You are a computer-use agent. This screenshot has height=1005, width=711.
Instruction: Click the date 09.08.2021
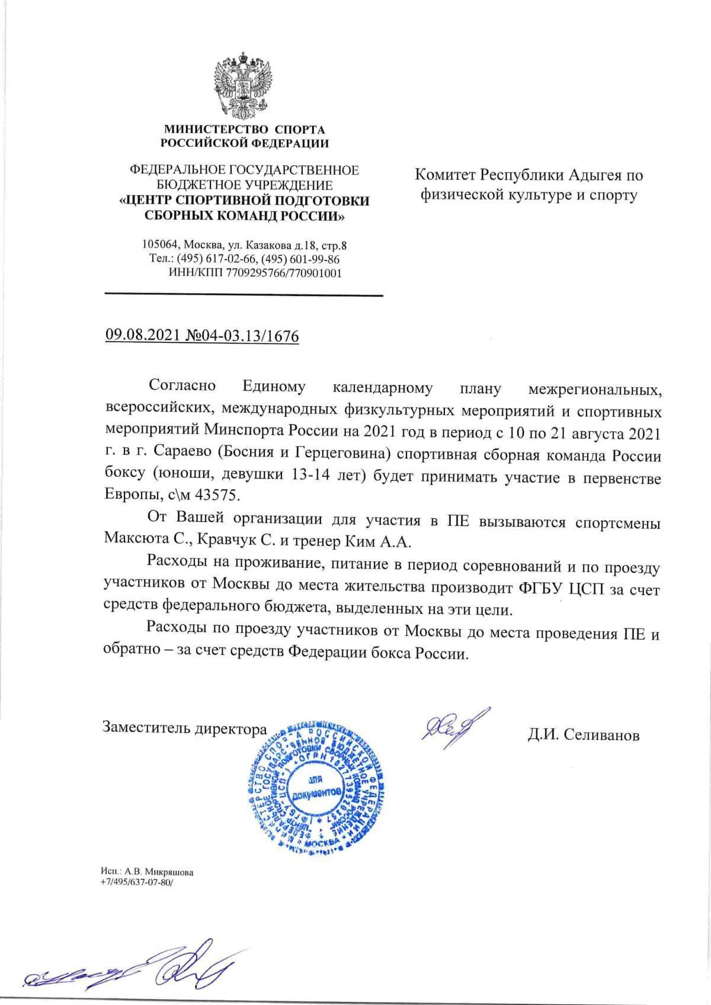[140, 336]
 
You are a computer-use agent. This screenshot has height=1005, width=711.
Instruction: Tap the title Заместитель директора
[185, 728]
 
